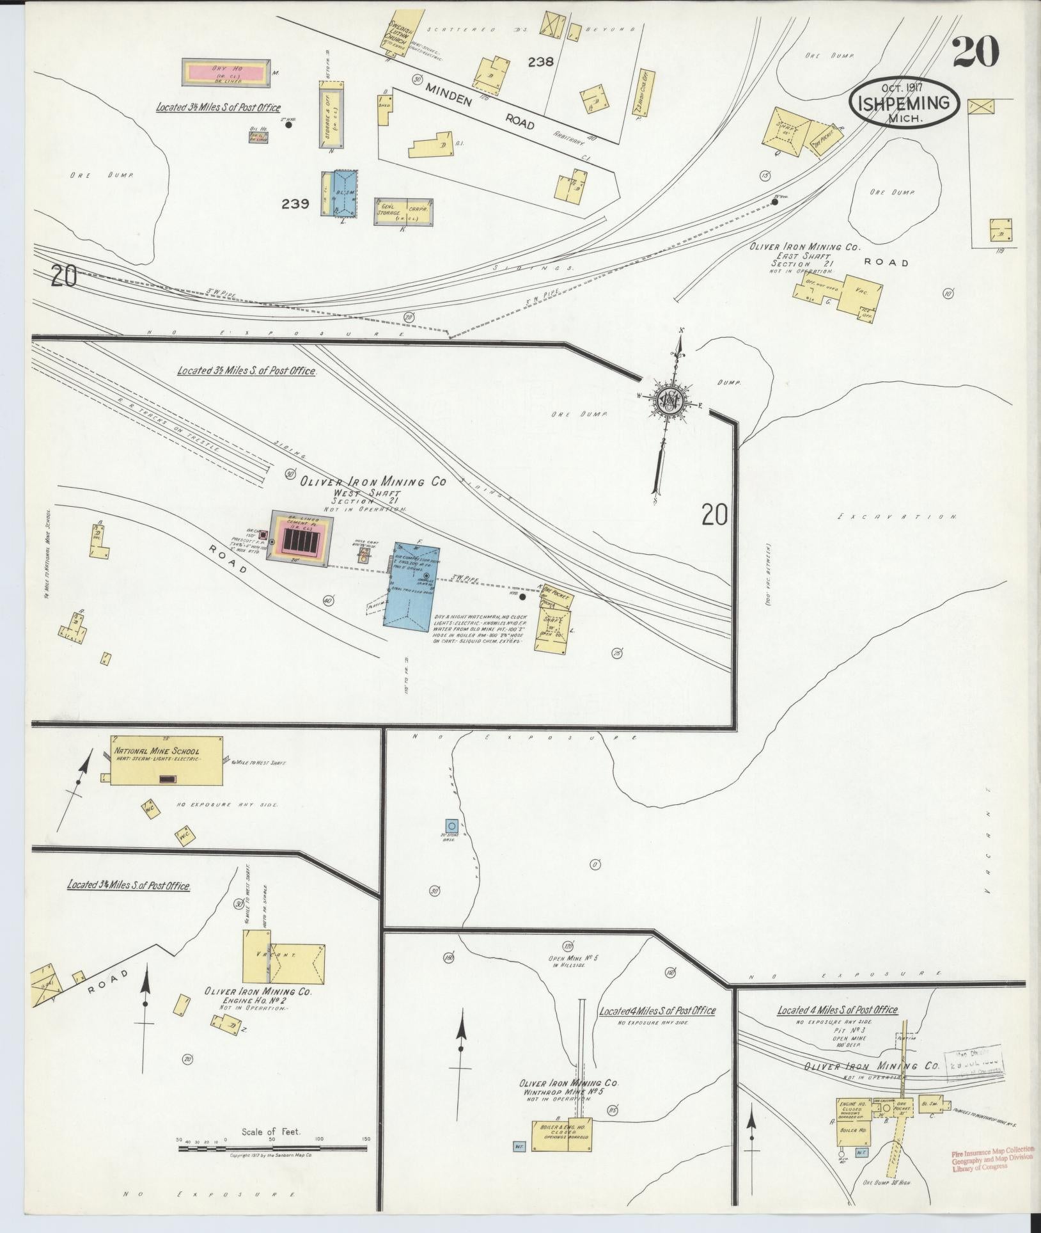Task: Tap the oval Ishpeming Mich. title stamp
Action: pos(904,102)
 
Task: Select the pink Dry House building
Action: pos(225,72)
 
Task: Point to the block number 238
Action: pos(540,62)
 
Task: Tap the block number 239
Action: pos(295,204)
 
